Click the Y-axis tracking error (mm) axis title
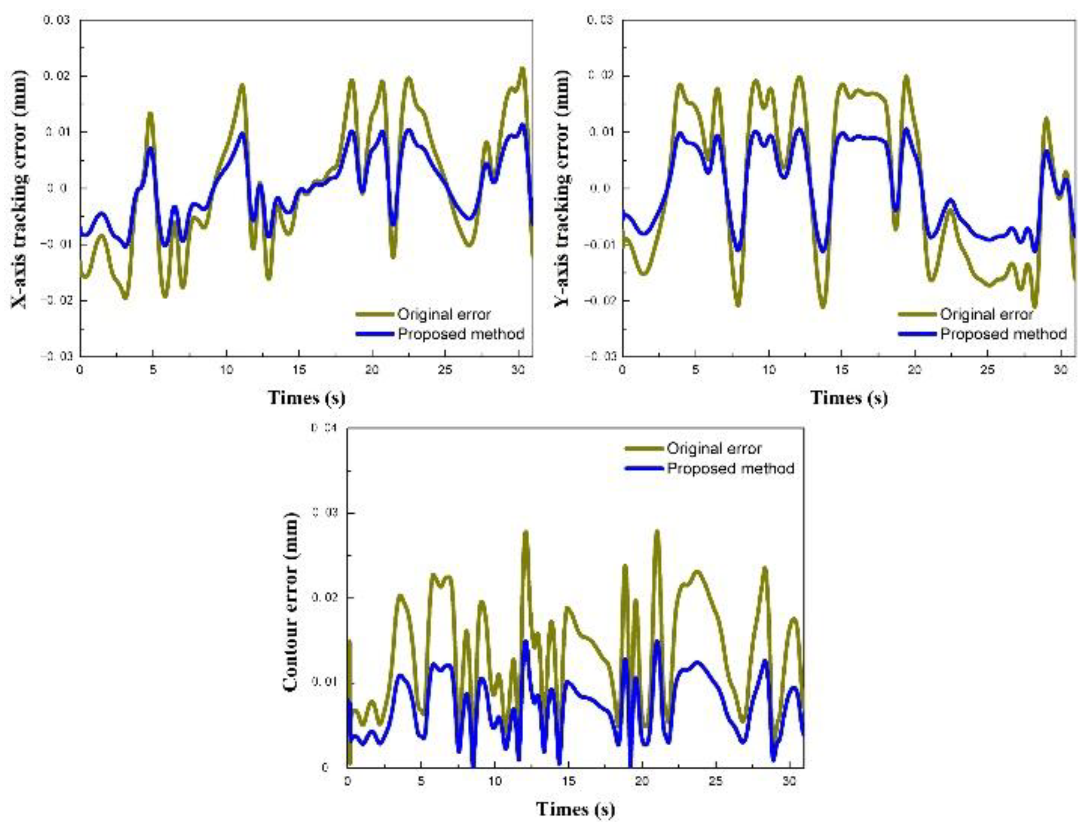(x=562, y=190)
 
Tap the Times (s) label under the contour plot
(x=575, y=809)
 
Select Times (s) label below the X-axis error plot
(x=306, y=398)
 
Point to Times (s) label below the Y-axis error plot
(x=849, y=398)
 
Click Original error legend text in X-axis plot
(x=444, y=314)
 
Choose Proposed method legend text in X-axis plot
(x=461, y=334)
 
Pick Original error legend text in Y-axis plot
(x=986, y=314)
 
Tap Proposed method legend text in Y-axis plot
(x=1003, y=334)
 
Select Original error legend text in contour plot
(x=714, y=448)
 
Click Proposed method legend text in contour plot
(x=731, y=468)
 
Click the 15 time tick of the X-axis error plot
(x=299, y=370)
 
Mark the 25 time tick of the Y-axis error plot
(x=987, y=370)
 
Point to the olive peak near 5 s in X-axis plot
(x=150, y=114)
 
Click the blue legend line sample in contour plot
(x=644, y=468)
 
